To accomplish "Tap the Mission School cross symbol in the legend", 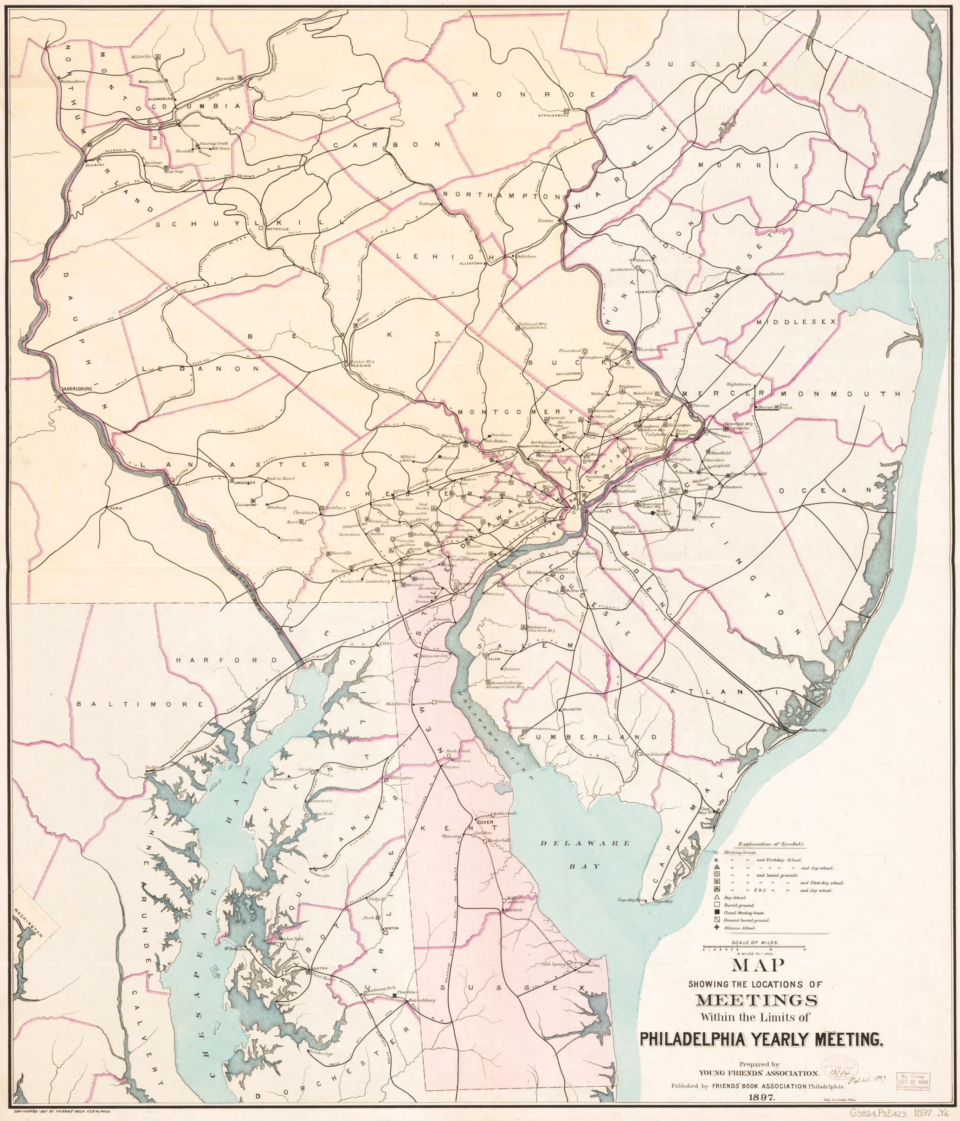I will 717,928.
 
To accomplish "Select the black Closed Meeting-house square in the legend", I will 717,913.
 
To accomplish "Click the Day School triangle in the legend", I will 717,897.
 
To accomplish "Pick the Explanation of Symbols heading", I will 770,844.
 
